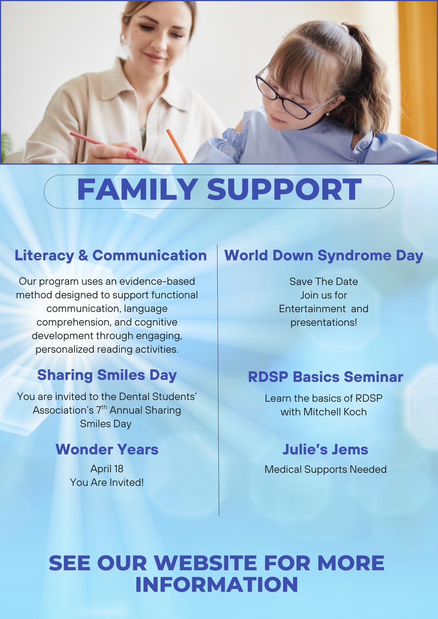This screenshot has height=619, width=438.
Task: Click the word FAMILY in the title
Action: click(137, 190)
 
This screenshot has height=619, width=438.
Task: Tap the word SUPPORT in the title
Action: click(284, 190)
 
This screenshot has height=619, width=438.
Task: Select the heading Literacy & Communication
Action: click(111, 256)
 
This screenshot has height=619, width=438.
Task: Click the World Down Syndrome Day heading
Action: click(324, 256)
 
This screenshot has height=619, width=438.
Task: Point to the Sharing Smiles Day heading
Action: click(107, 375)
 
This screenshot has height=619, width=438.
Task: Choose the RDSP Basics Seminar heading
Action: click(325, 377)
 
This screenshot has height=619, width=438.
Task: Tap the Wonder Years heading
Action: click(107, 450)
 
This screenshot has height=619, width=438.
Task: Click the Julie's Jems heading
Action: click(325, 450)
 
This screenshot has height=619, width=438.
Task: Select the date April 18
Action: click(107, 469)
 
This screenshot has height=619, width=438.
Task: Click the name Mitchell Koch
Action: click(335, 412)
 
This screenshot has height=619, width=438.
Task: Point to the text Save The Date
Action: click(324, 282)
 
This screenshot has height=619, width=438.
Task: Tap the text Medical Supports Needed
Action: click(325, 469)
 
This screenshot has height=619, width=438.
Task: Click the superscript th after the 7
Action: click(104, 407)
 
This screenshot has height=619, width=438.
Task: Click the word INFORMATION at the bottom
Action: click(217, 585)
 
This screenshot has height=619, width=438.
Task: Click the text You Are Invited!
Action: click(107, 482)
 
